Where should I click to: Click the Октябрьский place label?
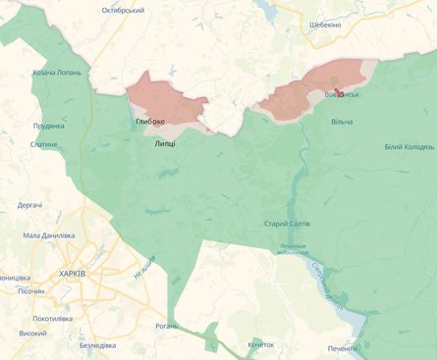click(123, 10)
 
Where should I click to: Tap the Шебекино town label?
click(324, 24)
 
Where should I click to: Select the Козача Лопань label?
click(57, 73)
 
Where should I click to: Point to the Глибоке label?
click(150, 122)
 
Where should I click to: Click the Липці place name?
click(165, 143)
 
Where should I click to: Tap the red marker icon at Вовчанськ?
click(339, 93)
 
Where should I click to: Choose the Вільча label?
click(342, 122)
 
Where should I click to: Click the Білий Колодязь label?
click(408, 147)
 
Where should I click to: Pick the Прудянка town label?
click(48, 126)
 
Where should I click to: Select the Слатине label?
click(43, 144)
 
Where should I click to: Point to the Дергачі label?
click(29, 205)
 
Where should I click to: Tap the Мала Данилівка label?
click(49, 235)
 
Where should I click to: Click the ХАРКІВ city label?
click(73, 274)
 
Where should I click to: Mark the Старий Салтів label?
click(287, 224)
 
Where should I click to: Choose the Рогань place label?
click(167, 326)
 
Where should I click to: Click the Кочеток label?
click(261, 344)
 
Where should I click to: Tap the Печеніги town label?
click(344, 348)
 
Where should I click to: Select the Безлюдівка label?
click(99, 345)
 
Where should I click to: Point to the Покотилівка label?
click(54, 319)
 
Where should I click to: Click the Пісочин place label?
click(30, 291)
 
